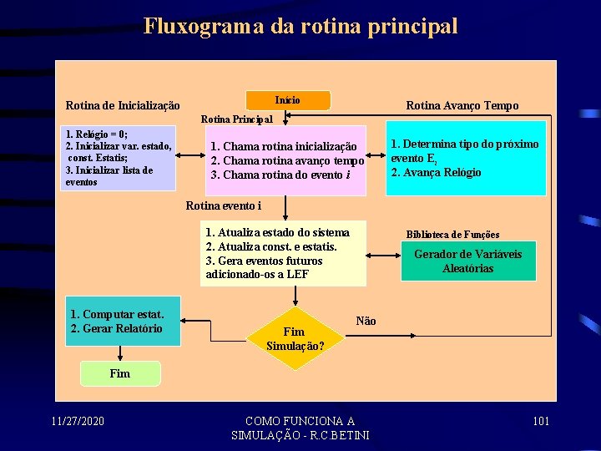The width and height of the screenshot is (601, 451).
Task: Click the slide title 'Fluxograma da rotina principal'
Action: coord(300,26)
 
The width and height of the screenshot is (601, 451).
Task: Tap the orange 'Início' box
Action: coord(288,100)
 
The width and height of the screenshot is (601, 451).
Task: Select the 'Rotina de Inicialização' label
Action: coord(123,106)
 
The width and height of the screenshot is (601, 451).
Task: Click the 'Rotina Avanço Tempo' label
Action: coord(462,105)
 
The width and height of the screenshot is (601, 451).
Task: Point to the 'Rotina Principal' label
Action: coord(237,119)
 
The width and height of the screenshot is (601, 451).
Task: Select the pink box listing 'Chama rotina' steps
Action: coord(287,160)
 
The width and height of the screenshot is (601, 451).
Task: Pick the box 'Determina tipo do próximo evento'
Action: coord(465,158)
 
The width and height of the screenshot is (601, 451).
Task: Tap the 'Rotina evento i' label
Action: coord(224,205)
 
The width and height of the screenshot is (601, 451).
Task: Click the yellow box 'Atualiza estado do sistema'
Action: coord(283,253)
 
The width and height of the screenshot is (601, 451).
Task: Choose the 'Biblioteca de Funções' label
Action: coord(452,235)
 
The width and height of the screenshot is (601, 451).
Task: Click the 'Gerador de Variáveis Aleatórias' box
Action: coord(467,261)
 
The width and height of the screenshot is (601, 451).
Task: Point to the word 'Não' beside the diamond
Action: coord(366,321)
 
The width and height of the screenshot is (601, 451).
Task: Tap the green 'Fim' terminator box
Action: coord(119,373)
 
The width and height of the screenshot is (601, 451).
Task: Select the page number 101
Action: coord(541,420)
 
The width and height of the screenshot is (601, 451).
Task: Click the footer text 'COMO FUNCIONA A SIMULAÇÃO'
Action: coord(300,428)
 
